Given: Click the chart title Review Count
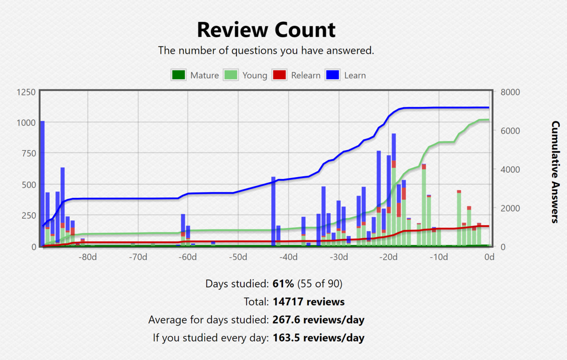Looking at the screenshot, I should [x=266, y=30].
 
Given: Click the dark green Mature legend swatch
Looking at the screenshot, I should [x=178, y=75].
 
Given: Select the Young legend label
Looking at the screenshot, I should [x=255, y=76].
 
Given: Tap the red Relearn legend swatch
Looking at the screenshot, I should [x=279, y=75].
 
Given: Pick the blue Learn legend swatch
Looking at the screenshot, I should [x=333, y=75].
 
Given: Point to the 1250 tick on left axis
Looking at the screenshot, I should [x=26, y=92].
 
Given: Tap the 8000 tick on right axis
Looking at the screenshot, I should [x=510, y=92].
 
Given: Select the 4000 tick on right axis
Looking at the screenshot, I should [x=510, y=169].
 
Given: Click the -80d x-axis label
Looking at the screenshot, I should [x=88, y=257].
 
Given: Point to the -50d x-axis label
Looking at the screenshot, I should [x=238, y=257].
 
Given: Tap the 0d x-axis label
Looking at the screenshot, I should [x=490, y=257].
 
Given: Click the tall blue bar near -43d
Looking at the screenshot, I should [x=273, y=210].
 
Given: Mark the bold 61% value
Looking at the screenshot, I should [x=283, y=284].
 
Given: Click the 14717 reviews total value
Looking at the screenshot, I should [x=309, y=302].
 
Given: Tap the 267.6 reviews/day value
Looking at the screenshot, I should [x=318, y=320].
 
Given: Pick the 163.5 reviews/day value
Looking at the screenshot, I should [x=318, y=338].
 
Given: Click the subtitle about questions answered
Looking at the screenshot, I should [x=266, y=50].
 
